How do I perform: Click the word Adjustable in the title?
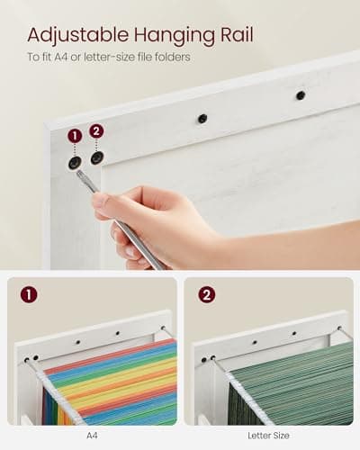pos(77,35)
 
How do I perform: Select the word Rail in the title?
pos(234,35)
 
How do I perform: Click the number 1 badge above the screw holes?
pos(75,135)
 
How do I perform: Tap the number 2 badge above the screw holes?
pos(96,130)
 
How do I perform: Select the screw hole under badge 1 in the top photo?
pos(75,163)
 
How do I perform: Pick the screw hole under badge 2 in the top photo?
pos(96,158)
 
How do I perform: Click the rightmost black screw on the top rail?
pos(300,94)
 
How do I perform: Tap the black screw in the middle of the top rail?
pos(202,118)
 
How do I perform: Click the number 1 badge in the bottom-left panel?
pos(30,294)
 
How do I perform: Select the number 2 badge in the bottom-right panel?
pos(206,294)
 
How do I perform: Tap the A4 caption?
pos(92,435)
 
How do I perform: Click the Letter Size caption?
pos(267,435)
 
